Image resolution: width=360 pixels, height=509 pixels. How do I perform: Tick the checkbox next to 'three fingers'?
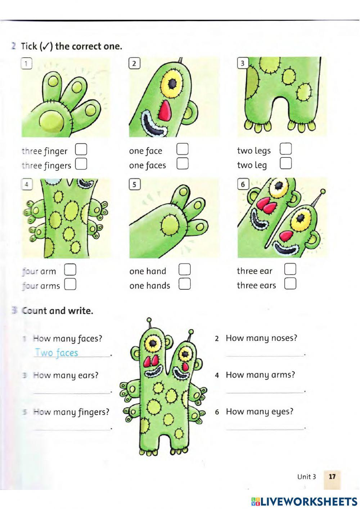coord(81,164)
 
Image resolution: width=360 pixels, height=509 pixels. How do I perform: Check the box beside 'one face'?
coord(183,149)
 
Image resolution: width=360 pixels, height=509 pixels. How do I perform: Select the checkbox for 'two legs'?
coord(286,148)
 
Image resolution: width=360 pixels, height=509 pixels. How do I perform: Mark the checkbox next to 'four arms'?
coord(70,284)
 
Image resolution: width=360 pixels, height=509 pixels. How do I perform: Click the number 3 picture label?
coord(243,63)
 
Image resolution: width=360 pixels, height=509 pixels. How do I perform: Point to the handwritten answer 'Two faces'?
coord(57,353)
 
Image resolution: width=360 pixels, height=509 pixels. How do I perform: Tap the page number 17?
coord(332,477)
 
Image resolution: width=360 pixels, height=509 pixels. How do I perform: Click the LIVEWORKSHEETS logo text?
coord(304,502)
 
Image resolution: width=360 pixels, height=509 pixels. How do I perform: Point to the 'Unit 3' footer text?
coord(306,477)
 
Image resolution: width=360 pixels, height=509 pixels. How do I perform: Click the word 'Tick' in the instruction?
coord(29,46)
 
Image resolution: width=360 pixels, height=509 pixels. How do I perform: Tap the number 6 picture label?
coord(243,184)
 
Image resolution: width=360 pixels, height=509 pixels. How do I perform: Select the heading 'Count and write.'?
coord(58,311)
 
